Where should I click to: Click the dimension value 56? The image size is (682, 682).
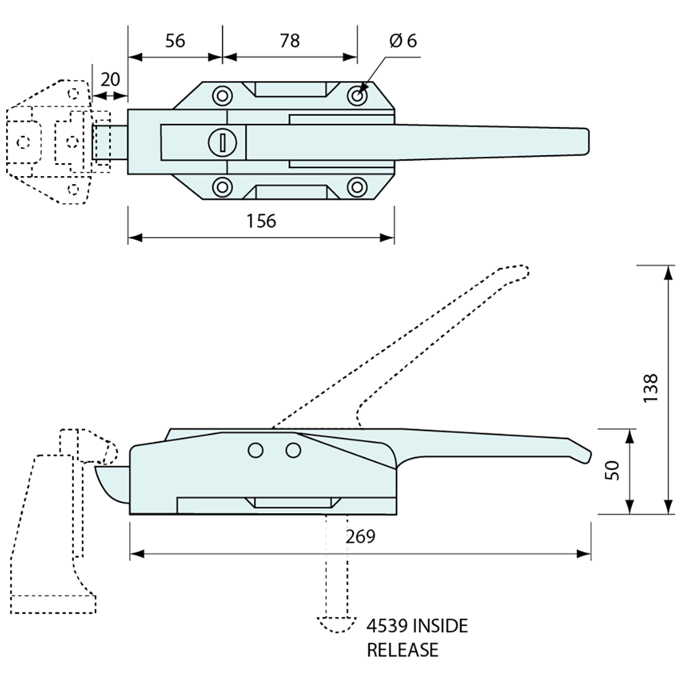[x=175, y=41]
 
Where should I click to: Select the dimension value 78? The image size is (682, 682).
[x=290, y=41]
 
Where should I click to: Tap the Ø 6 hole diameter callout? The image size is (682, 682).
[x=403, y=41]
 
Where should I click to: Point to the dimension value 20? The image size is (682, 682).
[x=110, y=79]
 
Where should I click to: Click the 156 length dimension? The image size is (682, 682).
[x=261, y=221]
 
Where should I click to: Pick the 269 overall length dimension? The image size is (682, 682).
[x=361, y=536]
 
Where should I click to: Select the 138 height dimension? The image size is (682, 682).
[x=649, y=389]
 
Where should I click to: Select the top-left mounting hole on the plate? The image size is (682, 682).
[x=222, y=95]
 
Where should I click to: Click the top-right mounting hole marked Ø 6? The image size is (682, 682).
[x=357, y=95]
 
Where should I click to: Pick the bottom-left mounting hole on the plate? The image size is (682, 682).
[x=222, y=186]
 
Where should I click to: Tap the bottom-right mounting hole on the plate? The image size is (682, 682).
[x=357, y=186]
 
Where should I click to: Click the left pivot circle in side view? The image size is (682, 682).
[x=255, y=451]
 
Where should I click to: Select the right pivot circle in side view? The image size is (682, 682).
[x=293, y=451]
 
